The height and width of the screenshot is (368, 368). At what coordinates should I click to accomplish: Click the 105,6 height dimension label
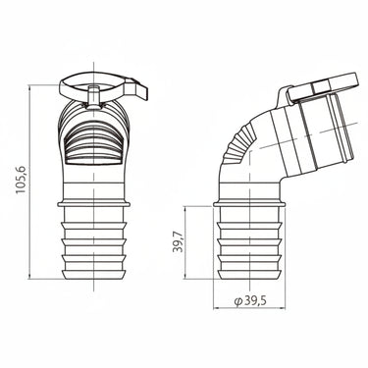point(21,180)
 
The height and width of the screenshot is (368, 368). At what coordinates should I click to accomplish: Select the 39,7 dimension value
point(178,241)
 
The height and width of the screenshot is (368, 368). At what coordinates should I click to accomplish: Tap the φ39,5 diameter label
point(250,301)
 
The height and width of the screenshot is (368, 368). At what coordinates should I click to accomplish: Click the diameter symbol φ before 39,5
point(237,301)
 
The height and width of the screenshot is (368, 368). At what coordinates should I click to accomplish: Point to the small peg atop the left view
point(93,97)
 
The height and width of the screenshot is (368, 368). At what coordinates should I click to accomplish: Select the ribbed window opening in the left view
point(93,145)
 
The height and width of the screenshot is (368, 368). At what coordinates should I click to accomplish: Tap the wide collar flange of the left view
point(93,204)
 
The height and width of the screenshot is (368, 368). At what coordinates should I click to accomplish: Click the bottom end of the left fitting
point(93,275)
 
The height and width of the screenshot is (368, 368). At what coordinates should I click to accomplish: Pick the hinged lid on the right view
point(323,87)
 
